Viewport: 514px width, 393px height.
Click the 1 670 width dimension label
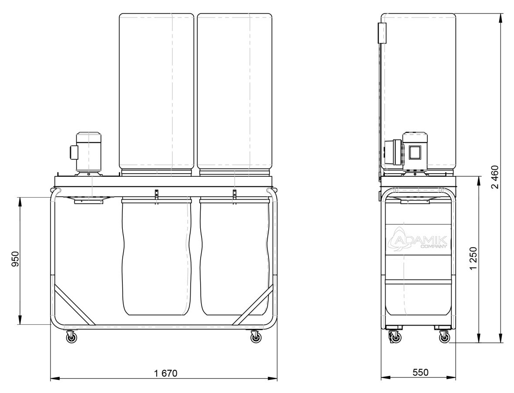point(165,373)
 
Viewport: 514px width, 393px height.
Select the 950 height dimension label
point(16,259)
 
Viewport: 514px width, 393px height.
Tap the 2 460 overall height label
point(495,177)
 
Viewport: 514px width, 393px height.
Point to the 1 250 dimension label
point(474,259)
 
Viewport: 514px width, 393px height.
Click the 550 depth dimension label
point(420,373)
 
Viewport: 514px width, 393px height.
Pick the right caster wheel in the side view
point(444,336)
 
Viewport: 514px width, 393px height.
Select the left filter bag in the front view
point(156,94)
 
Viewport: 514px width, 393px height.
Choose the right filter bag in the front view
point(235,94)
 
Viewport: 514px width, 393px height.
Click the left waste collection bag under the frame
point(156,257)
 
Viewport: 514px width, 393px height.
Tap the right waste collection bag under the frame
point(235,257)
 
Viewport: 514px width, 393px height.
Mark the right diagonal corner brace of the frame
point(253,305)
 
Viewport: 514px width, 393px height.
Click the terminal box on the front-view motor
point(73,152)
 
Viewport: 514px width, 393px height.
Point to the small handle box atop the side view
point(381,33)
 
